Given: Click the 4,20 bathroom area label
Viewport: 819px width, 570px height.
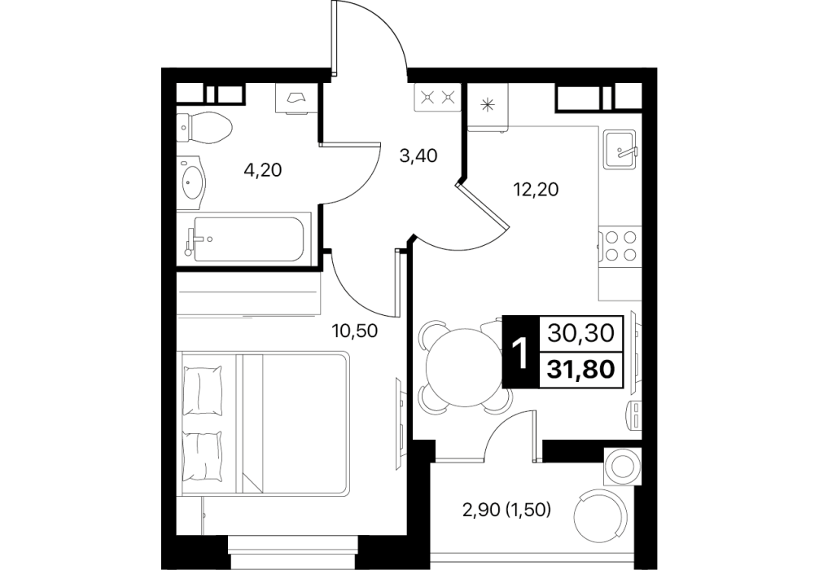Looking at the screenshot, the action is tap(263, 169).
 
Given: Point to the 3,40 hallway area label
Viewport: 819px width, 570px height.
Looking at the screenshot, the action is tap(418, 156).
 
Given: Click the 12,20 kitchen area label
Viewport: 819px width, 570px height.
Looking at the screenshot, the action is tap(536, 189).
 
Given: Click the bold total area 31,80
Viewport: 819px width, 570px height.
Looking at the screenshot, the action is tap(580, 370).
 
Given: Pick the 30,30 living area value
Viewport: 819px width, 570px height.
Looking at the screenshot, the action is tap(580, 333).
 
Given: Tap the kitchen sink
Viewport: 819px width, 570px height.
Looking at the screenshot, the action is tap(620, 149).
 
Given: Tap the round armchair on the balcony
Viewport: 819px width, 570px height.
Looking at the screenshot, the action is tap(599, 516).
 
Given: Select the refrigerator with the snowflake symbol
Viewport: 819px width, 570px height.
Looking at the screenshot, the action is tap(488, 107).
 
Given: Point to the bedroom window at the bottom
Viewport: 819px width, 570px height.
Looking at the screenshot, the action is tap(294, 552).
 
